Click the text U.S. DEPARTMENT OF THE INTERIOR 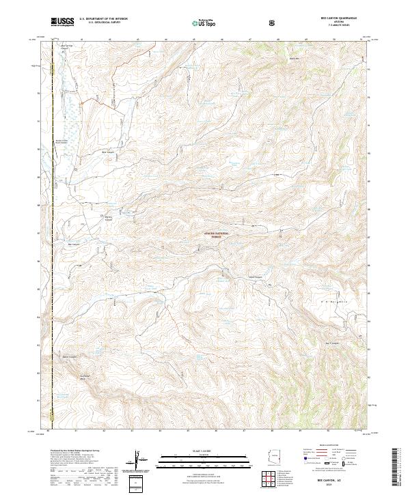(104, 19)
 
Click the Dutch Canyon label (254, 277)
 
